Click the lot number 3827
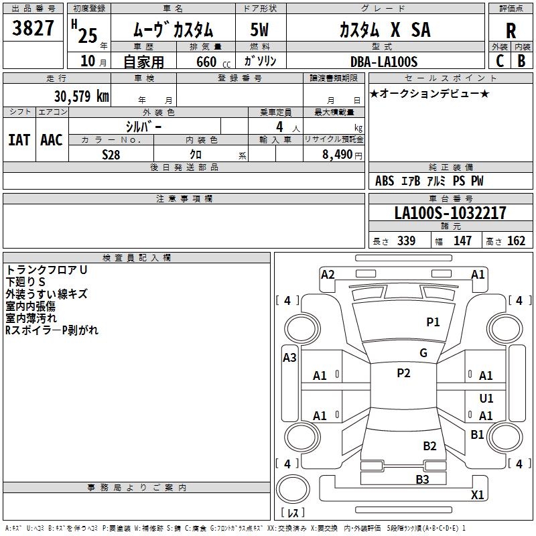tap(33, 29)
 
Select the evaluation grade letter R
tap(511, 31)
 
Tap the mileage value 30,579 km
tap(81, 96)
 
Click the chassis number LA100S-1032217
tap(450, 213)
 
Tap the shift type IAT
tap(19, 140)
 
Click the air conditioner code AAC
tap(52, 140)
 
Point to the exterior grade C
tap(500, 60)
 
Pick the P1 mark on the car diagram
tap(433, 322)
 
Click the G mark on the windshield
tap(423, 353)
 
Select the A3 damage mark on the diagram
tap(289, 358)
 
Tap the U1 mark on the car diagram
tap(486, 399)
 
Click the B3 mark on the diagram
tap(422, 479)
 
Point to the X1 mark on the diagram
tap(477, 495)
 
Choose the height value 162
tap(516, 241)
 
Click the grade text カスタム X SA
tap(385, 30)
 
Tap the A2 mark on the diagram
tap(328, 274)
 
